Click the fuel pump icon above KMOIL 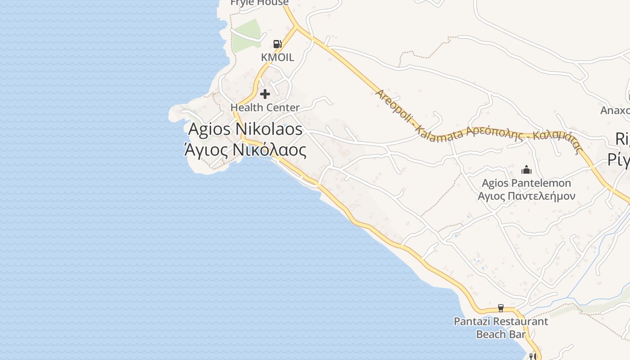pos(278,44)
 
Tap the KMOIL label pos(278,57)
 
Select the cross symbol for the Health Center pos(265,94)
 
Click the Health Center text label pos(265,108)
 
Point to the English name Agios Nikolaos pos(245,129)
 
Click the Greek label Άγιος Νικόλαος pos(246,150)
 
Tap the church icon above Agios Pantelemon pos(526,170)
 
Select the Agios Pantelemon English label pos(526,183)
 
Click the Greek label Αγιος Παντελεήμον pos(526,196)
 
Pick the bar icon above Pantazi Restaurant pos(500,308)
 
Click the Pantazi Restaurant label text pos(501,321)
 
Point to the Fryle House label pos(259,3)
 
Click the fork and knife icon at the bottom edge pos(533,356)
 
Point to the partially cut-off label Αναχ pos(615,110)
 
